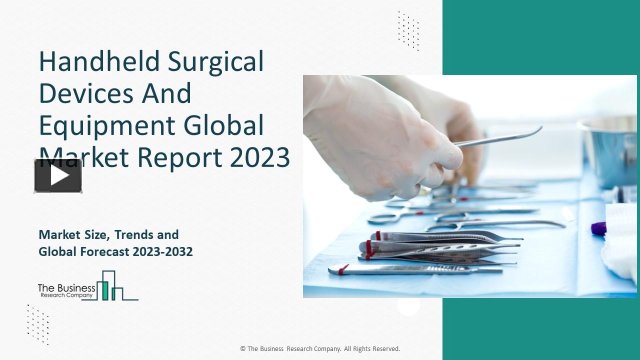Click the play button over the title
58,175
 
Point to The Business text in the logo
66,287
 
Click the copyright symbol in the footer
243,349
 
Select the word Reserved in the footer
385,349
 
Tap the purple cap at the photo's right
598,228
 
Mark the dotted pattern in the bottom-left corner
38,324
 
